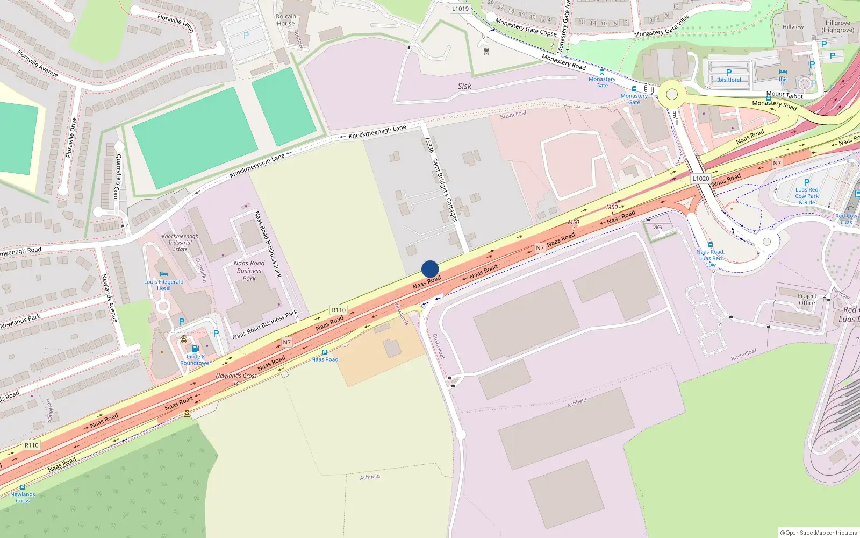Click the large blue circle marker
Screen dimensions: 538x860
430,269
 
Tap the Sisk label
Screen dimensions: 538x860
464,86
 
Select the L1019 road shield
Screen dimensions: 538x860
460,9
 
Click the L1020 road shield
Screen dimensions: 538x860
700,179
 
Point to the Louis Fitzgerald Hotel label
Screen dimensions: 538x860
164,285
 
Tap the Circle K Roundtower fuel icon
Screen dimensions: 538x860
195,349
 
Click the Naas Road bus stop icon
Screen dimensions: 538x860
324,352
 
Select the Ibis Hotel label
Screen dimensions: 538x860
729,80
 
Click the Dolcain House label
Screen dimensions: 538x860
285,20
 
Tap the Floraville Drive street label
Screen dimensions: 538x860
71,138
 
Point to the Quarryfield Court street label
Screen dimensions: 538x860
117,178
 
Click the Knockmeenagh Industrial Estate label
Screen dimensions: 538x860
180,243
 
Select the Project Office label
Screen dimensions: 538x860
806,299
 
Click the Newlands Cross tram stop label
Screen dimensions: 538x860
23,497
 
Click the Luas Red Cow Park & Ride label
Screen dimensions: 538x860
807,196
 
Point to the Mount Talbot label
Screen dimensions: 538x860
784,95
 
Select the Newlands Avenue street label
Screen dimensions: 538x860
110,299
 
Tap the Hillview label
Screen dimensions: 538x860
793,27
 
